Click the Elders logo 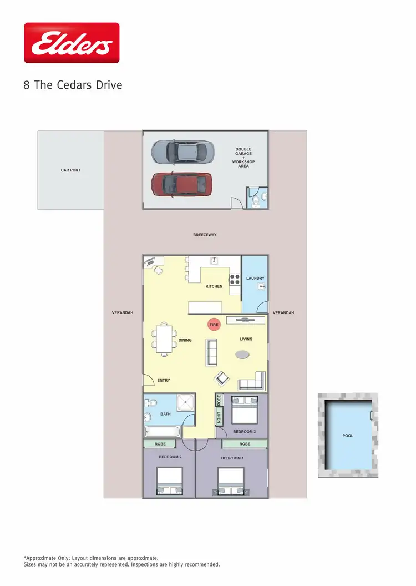(72, 43)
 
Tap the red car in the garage (181, 184)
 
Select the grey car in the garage (181, 151)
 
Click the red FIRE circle (214, 325)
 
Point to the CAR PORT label (70, 170)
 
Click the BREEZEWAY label (205, 235)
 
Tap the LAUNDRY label (255, 278)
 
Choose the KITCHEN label (214, 286)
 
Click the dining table (164, 340)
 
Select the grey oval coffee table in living (242, 354)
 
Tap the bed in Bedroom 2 (169, 481)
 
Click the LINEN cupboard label (219, 418)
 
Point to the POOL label (348, 436)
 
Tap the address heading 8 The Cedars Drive (73, 85)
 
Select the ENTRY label (164, 380)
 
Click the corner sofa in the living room (252, 382)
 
